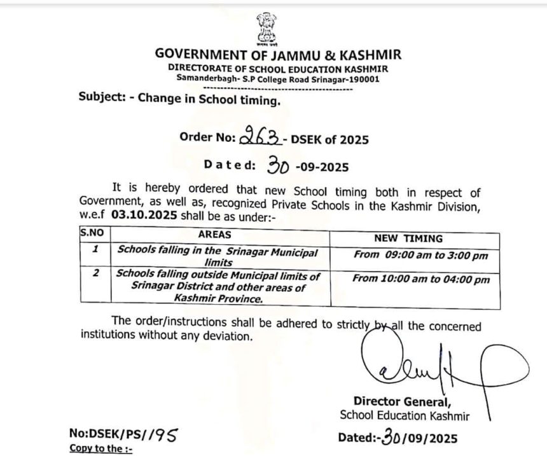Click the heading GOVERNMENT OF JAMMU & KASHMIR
[x=278, y=55]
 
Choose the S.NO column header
[x=92, y=233]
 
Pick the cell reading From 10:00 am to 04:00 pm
[x=421, y=279]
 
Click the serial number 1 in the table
[x=95, y=250]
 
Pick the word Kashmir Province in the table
[x=216, y=297]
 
